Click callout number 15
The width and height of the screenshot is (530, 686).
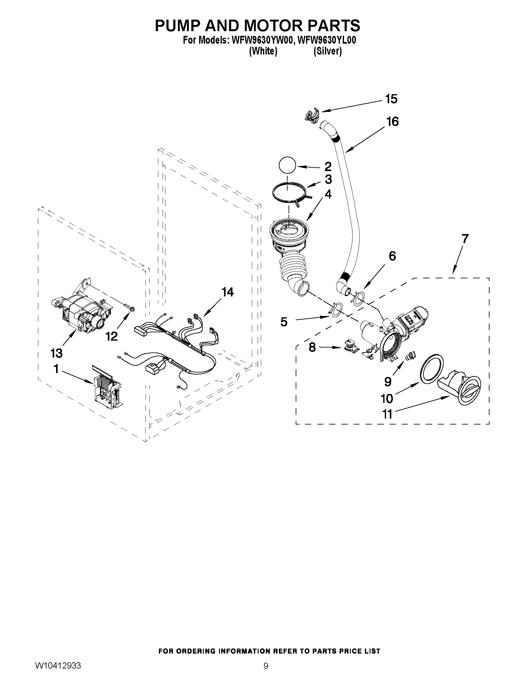(x=391, y=99)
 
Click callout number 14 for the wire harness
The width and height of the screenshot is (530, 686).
(x=228, y=292)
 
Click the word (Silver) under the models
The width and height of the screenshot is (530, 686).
(x=327, y=51)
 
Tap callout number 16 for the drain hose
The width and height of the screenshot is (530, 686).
(x=393, y=122)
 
